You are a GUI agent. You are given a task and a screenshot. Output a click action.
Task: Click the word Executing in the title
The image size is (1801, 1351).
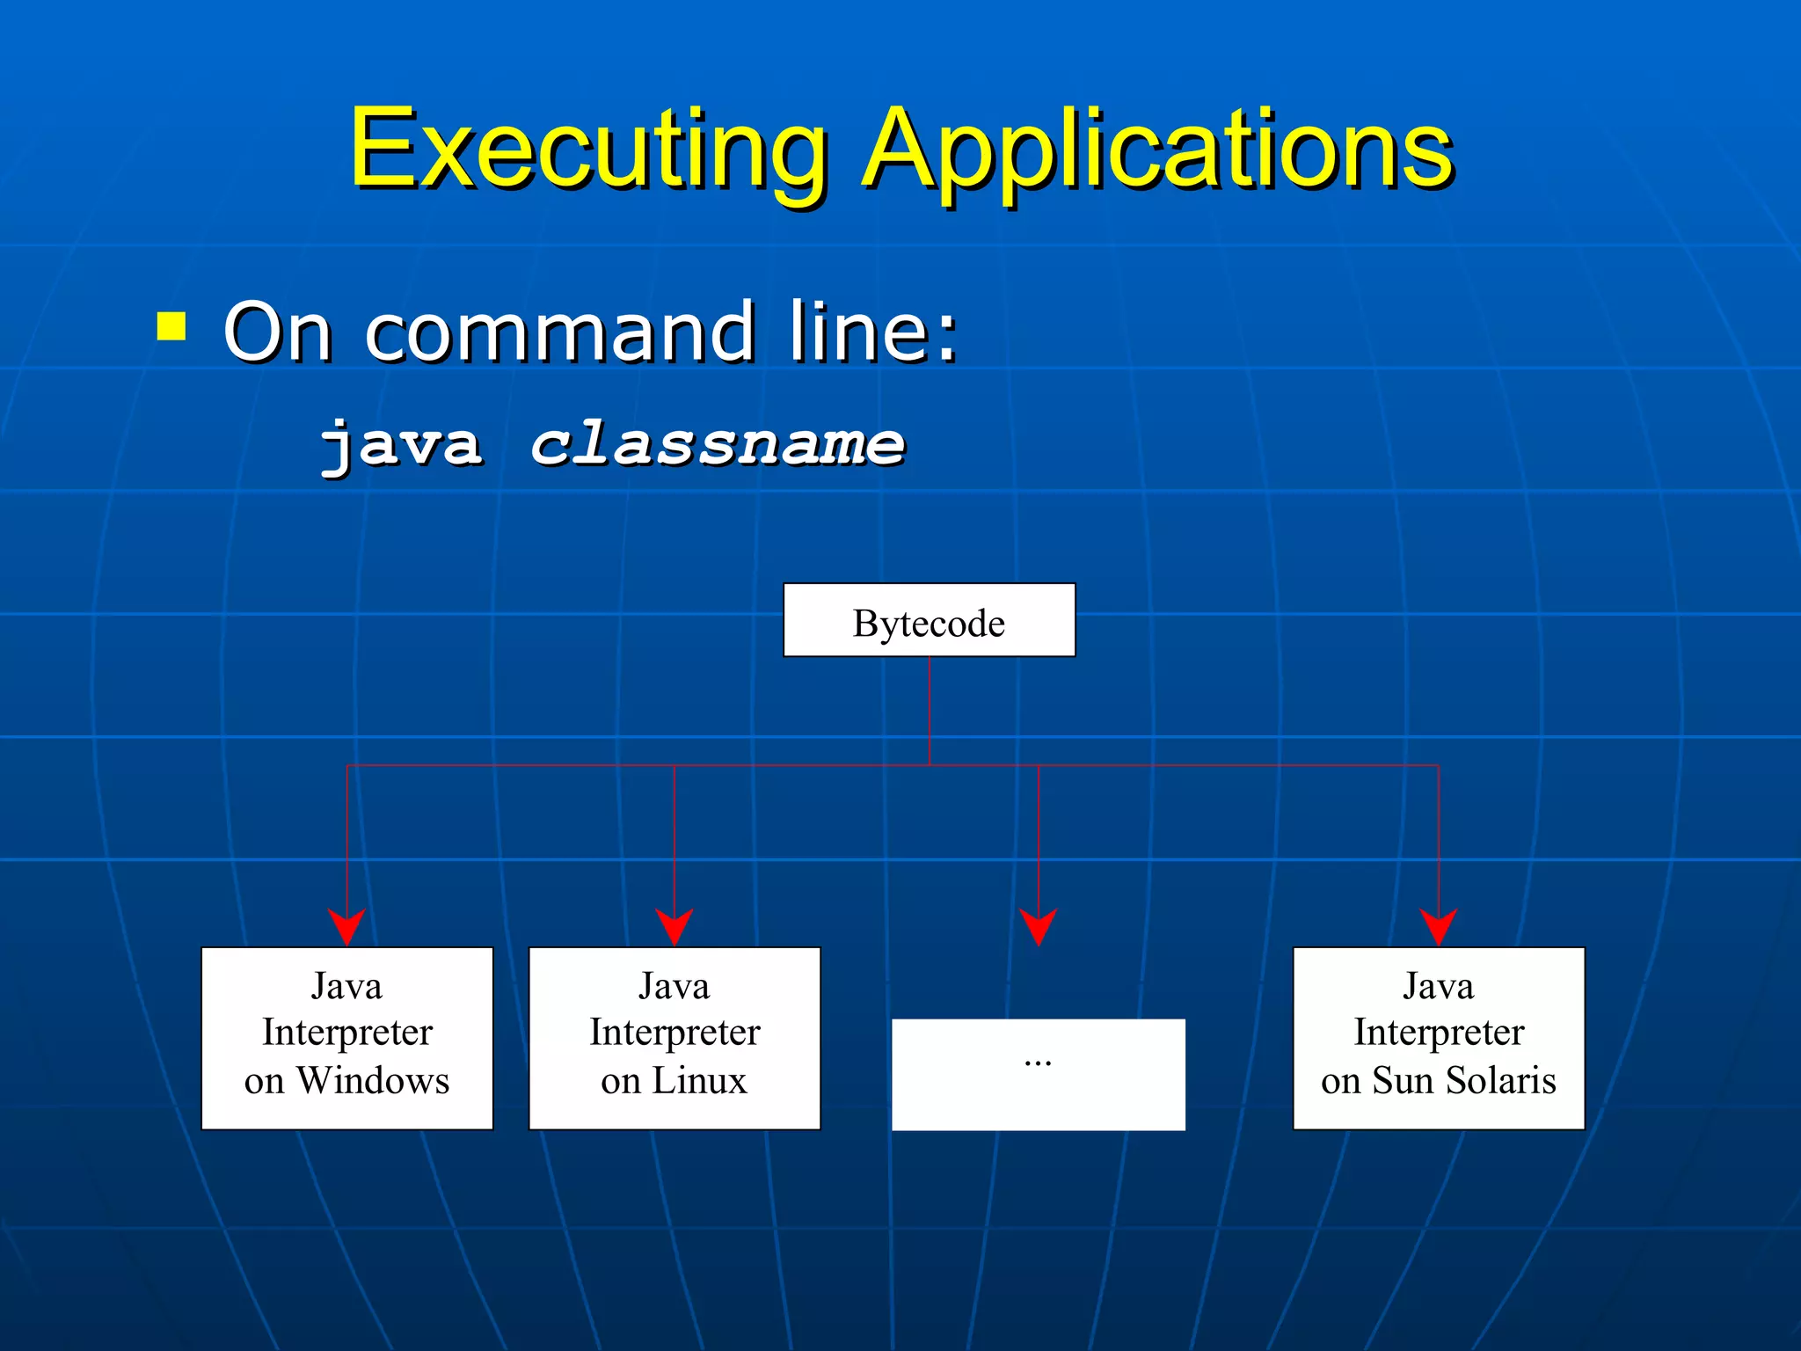(x=587, y=150)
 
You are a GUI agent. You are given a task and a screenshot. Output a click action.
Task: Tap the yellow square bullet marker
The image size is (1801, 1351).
(x=171, y=326)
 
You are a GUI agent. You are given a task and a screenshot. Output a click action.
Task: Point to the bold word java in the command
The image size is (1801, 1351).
(x=401, y=443)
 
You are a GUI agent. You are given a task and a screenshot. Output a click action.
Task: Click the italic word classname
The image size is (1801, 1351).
(x=717, y=443)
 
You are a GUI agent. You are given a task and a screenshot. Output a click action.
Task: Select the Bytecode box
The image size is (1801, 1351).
(x=929, y=621)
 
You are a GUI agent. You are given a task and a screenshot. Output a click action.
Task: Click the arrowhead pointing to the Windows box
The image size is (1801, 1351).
(x=346, y=927)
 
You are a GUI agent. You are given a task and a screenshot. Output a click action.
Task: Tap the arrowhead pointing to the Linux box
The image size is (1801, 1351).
(x=674, y=927)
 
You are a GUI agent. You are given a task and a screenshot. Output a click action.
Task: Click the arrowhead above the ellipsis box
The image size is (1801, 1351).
(x=1039, y=927)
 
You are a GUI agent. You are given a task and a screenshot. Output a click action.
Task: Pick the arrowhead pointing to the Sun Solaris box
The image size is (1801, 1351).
(x=1439, y=927)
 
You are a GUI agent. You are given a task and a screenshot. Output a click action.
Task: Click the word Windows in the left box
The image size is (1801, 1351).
(x=373, y=1080)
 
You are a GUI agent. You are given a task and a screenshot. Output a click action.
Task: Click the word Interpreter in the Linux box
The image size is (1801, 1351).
(x=674, y=1032)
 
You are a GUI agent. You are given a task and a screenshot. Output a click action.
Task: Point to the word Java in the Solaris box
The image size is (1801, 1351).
(x=1439, y=986)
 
